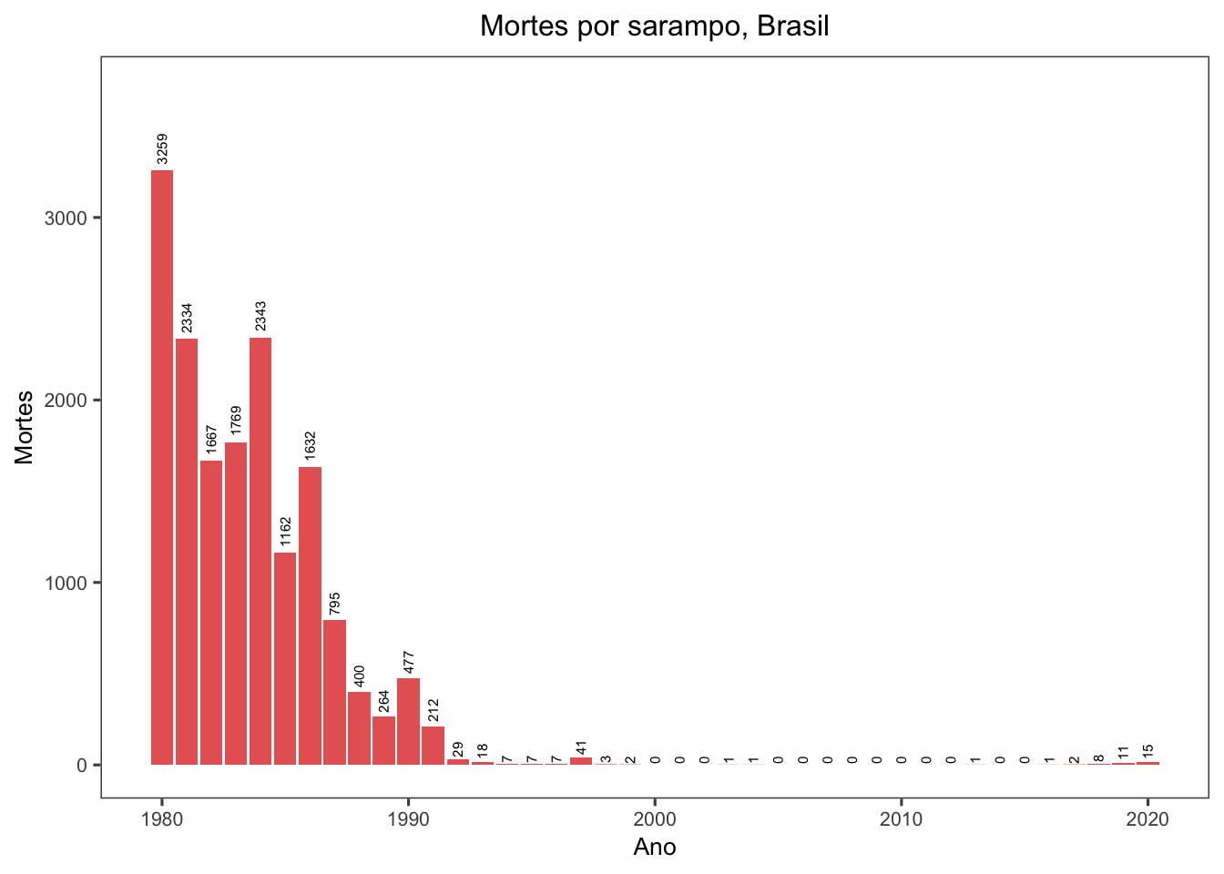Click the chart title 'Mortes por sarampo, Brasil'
654,25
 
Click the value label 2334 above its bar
187,319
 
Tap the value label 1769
236,422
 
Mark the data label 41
581,748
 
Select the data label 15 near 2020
1147,752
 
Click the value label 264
383,701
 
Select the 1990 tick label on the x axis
408,819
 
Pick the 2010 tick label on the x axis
901,819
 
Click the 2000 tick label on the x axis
654,819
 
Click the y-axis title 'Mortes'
25,427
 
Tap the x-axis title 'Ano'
654,848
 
